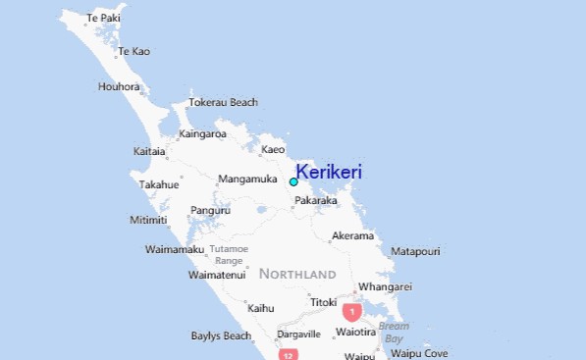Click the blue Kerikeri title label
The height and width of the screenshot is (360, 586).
click(329, 172)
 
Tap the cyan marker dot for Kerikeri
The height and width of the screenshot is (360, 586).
click(293, 181)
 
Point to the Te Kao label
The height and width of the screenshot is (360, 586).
click(133, 51)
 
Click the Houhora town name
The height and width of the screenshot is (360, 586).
click(119, 86)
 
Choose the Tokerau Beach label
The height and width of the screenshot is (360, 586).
click(223, 102)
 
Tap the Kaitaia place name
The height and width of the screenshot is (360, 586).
click(149, 151)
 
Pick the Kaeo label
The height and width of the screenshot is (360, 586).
click(273, 150)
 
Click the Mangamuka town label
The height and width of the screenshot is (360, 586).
click(247, 179)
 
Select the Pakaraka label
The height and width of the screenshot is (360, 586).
click(316, 201)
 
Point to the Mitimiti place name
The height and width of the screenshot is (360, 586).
click(148, 220)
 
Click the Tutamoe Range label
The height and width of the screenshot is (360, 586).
click(228, 255)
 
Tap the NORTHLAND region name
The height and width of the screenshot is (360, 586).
click(297, 274)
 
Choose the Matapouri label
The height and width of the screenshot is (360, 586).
click(415, 252)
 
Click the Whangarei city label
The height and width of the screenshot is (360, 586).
click(385, 286)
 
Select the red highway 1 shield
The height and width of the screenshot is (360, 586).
click(351, 311)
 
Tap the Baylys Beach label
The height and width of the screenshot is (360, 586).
click(221, 335)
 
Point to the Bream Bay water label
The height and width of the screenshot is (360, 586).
click(394, 332)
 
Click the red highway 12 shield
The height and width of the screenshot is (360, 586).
click(288, 354)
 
